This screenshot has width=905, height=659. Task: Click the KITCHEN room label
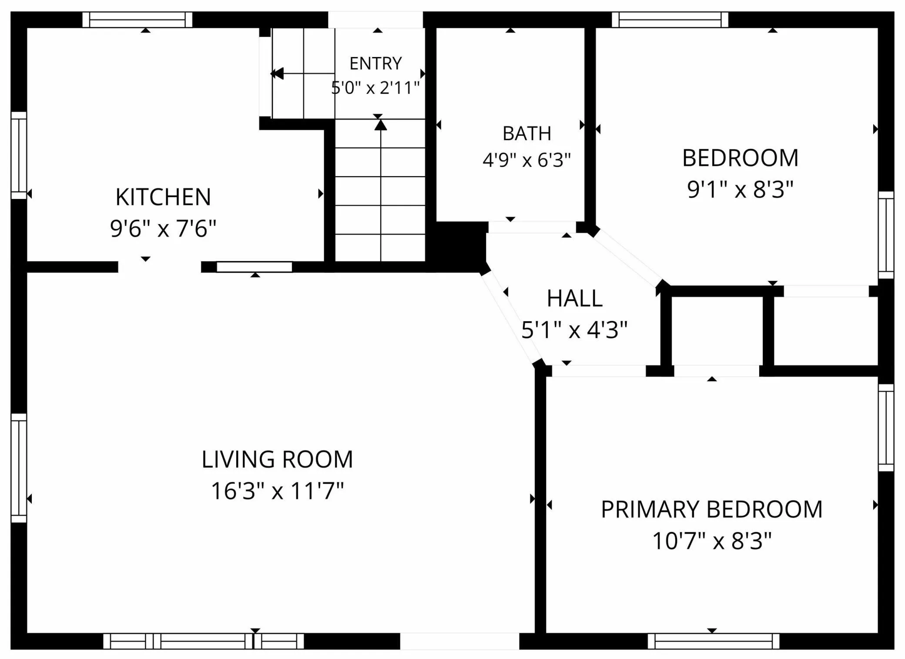[163, 197]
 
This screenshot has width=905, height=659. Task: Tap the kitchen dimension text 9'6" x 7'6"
[163, 228]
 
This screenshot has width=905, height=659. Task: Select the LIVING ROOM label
[277, 459]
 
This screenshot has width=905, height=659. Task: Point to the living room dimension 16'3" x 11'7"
[277, 491]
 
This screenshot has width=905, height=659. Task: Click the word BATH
[527, 133]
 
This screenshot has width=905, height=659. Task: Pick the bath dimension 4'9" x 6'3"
[526, 160]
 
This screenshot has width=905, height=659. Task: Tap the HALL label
[574, 299]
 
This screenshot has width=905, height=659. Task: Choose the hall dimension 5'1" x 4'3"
[574, 329]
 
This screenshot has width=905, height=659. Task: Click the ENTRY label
[375, 64]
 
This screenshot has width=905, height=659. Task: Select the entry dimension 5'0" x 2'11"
[375, 87]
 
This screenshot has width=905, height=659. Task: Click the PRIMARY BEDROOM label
[712, 509]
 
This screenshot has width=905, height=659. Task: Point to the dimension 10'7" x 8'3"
[712, 541]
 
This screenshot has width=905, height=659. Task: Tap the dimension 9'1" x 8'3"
[740, 189]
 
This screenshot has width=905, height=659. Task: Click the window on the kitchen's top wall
[137, 20]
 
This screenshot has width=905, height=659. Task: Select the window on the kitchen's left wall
[19, 155]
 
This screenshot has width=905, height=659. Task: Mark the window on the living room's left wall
[19, 468]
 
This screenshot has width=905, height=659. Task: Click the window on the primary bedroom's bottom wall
[714, 641]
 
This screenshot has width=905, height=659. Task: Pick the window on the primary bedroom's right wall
[886, 427]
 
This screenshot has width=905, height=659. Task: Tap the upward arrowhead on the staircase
[381, 125]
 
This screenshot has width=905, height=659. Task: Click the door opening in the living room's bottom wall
[459, 641]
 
